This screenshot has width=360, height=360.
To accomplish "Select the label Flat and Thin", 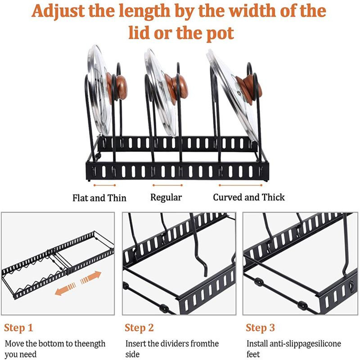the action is [x=99, y=198].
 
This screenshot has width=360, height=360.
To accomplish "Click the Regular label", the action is [x=166, y=198].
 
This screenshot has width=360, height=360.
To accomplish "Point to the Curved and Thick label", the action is [x=249, y=197].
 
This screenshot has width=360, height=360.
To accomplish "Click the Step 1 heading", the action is [x=18, y=328].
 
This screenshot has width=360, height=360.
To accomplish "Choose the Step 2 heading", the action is [x=139, y=328].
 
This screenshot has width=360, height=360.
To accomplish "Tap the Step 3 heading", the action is [x=260, y=328].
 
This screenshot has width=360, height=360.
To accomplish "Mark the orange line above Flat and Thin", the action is [x=105, y=185].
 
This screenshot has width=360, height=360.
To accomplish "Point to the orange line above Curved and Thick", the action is [x=240, y=185].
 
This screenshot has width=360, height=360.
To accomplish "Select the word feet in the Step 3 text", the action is [x=253, y=354].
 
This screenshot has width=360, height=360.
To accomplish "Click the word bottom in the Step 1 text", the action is [x=50, y=344].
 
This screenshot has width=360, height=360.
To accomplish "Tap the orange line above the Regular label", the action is [x=167, y=185].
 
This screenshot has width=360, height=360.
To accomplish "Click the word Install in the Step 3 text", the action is [x=257, y=344].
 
